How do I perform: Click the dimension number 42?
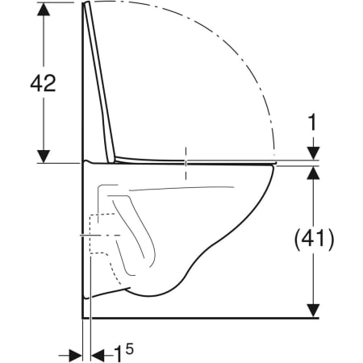(43, 83)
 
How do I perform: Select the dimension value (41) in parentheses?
(315, 240)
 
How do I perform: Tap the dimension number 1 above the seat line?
(312, 123)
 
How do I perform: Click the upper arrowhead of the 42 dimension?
(44, 9)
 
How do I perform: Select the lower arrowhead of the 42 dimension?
(44, 156)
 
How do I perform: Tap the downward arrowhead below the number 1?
(313, 153)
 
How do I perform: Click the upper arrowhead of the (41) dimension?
(313, 173)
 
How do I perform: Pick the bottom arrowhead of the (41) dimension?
(313, 311)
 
